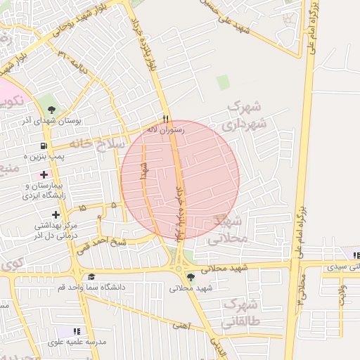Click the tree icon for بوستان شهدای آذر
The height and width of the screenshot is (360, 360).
click(x=52, y=109)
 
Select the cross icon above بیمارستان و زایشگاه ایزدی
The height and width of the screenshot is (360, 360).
click(x=44, y=174)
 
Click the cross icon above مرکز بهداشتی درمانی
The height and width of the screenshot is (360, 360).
click(x=56, y=214)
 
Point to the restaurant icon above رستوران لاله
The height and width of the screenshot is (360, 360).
click(x=166, y=119)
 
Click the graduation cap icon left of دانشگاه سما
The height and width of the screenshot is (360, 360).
click(x=91, y=277)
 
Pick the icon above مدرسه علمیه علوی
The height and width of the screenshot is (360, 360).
click(x=77, y=330)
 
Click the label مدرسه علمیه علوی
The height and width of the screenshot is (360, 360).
click(x=77, y=342)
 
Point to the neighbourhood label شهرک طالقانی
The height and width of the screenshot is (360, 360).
click(x=240, y=314)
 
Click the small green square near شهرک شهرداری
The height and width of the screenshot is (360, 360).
click(x=223, y=82)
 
